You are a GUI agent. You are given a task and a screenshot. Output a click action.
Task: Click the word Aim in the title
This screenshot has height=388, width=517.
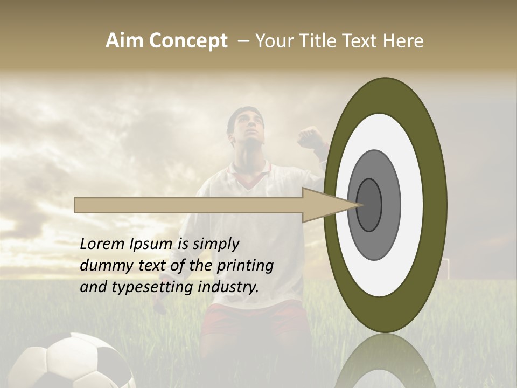click(x=124, y=41)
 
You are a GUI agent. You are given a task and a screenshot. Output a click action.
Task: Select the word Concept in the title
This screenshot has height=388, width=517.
click(x=188, y=41)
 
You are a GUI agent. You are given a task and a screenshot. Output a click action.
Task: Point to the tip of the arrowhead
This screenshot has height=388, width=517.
click(x=362, y=205)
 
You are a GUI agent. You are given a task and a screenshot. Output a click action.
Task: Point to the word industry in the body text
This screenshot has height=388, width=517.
click(x=228, y=287)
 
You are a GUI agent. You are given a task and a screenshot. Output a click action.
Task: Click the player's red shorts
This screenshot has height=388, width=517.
click(x=253, y=318)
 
